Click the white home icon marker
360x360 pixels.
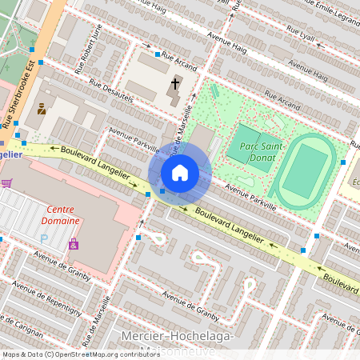[x=180, y=172]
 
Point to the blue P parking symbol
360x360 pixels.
[x=44, y=238]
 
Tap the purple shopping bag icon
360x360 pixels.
[x=74, y=243]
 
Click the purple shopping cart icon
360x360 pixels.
[x=7, y=183]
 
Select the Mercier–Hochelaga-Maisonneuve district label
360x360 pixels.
[x=177, y=343]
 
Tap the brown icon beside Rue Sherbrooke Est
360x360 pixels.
[x=42, y=109]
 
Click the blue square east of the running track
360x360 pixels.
[x=342, y=162]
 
